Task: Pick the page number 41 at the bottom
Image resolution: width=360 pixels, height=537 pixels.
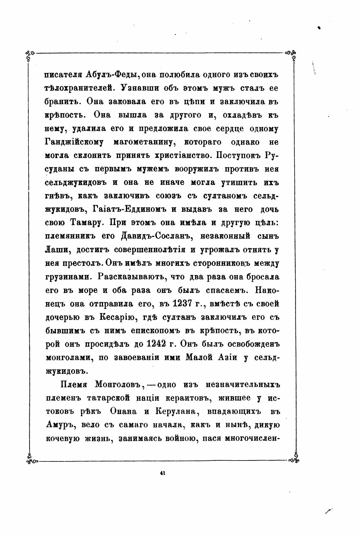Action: [163, 473]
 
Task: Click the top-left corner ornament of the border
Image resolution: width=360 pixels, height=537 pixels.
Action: [30, 54]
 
